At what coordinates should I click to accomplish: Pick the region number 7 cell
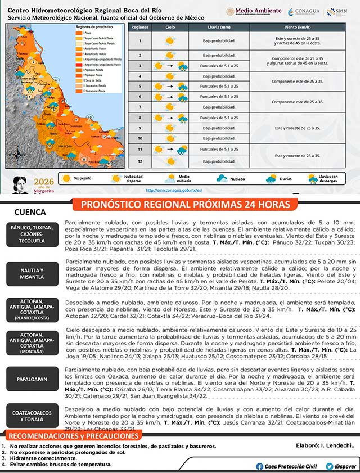pyautogui.click(x=141, y=107)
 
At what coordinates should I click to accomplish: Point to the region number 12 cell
pyautogui.click(x=141, y=160)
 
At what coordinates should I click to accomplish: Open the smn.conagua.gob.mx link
pyautogui.click(x=174, y=190)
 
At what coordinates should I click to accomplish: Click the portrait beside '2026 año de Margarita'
pyautogui.click(x=22, y=184)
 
